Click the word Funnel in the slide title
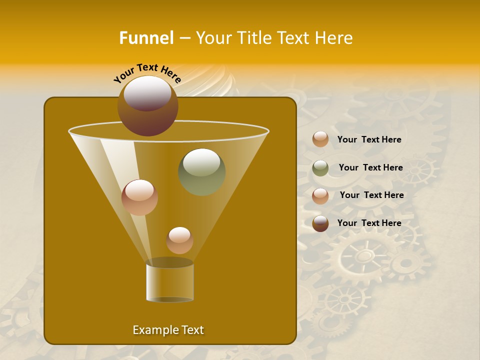[146, 38]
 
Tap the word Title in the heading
[254, 38]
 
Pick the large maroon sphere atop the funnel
[147, 105]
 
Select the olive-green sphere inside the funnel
[201, 171]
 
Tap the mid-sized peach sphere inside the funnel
[139, 197]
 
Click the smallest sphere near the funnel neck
[179, 240]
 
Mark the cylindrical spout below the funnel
[169, 281]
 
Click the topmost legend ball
[320, 139]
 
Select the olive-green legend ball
[320, 168]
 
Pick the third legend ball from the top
[320, 196]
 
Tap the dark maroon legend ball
[320, 223]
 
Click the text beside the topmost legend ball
[369, 139]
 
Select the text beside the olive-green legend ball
[370, 167]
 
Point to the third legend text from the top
[371, 195]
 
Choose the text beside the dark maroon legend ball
[369, 223]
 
